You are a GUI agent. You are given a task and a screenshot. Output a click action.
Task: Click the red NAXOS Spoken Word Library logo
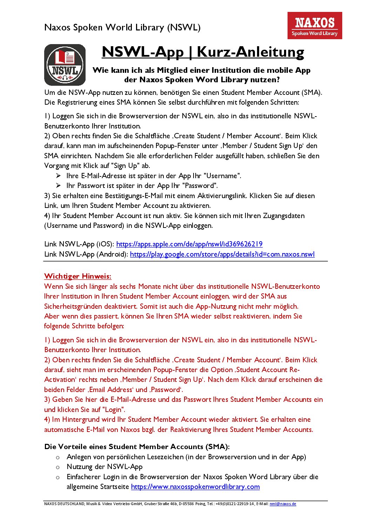click(315, 26)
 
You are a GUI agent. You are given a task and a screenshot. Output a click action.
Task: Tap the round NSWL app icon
click(65, 65)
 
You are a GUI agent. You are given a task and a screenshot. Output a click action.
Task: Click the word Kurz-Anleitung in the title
click(250, 52)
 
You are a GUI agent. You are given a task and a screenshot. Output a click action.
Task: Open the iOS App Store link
click(189, 244)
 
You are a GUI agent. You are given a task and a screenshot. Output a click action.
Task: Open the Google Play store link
click(222, 254)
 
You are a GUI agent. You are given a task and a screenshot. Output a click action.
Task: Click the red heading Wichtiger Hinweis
click(77, 276)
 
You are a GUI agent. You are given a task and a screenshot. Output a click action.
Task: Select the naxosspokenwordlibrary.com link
click(195, 487)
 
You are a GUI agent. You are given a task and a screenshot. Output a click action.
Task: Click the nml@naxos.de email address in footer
click(283, 504)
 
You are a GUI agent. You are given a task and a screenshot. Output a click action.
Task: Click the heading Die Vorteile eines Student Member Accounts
click(137, 447)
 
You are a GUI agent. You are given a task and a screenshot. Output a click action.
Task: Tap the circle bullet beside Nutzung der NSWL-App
click(58, 467)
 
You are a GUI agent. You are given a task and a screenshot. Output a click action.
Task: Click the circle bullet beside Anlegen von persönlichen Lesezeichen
click(58, 457)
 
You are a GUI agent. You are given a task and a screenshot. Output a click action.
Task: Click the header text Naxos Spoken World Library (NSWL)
click(122, 27)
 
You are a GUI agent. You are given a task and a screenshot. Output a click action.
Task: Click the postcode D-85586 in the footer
click(186, 504)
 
